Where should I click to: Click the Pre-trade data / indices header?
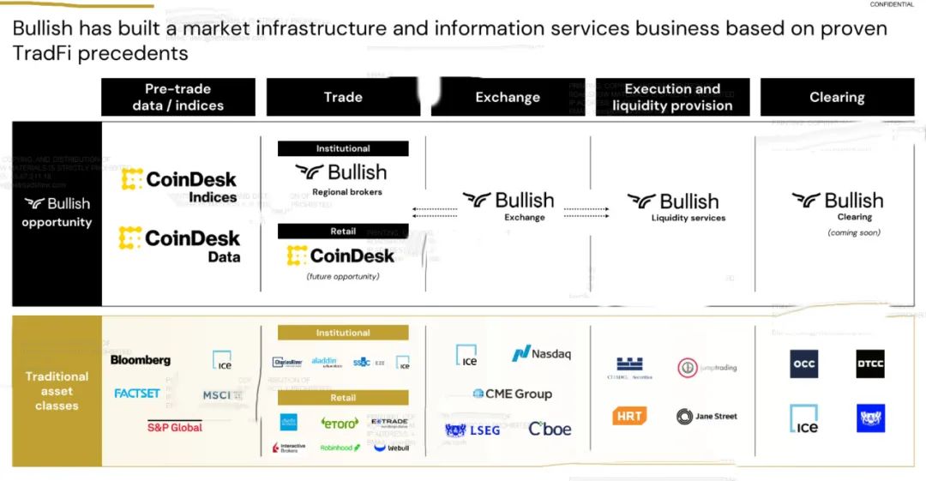tap(178, 97)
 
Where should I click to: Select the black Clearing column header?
tap(837, 97)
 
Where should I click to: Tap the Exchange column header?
tap(508, 97)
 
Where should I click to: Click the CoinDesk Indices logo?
tap(179, 186)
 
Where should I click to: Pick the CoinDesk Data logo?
tap(179, 244)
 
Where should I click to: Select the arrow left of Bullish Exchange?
tap(435, 209)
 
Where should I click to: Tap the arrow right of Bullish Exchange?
tap(586, 209)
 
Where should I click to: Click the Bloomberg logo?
tap(141, 360)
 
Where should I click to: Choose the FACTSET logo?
tap(137, 394)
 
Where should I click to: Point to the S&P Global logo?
tap(175, 427)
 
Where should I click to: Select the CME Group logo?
tap(512, 394)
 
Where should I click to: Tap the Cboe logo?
tap(550, 429)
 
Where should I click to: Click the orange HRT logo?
tap(629, 416)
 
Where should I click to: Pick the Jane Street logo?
tap(707, 417)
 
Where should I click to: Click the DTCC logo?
tap(870, 364)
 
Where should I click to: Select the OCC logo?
tap(804, 364)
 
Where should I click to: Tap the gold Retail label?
tap(343, 398)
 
